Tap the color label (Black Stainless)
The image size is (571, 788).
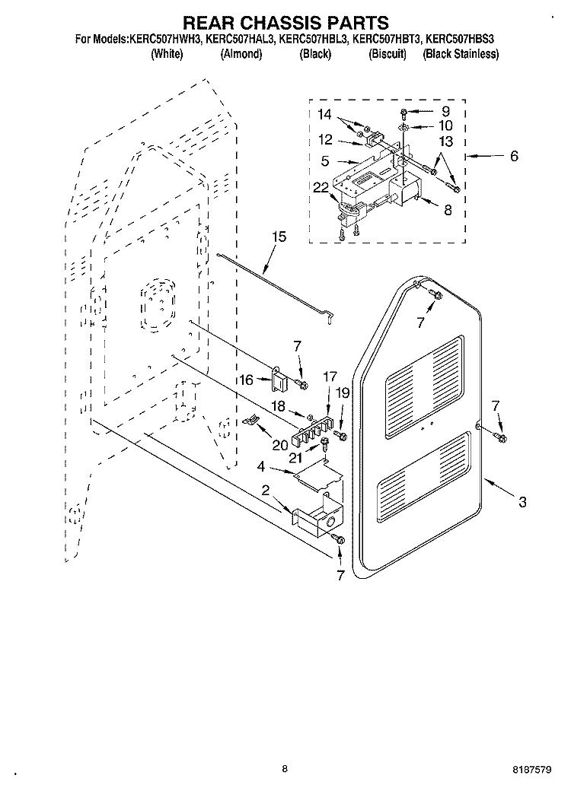[x=461, y=54]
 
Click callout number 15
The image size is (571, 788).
[x=279, y=237]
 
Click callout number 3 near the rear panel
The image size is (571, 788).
[x=522, y=501]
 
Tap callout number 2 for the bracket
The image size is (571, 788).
[x=265, y=491]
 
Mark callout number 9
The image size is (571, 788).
[x=445, y=111]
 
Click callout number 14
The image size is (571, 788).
[x=325, y=115]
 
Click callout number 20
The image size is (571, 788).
[x=280, y=445]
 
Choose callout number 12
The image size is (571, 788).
[x=325, y=140]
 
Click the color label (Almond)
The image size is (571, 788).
[x=241, y=54]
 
